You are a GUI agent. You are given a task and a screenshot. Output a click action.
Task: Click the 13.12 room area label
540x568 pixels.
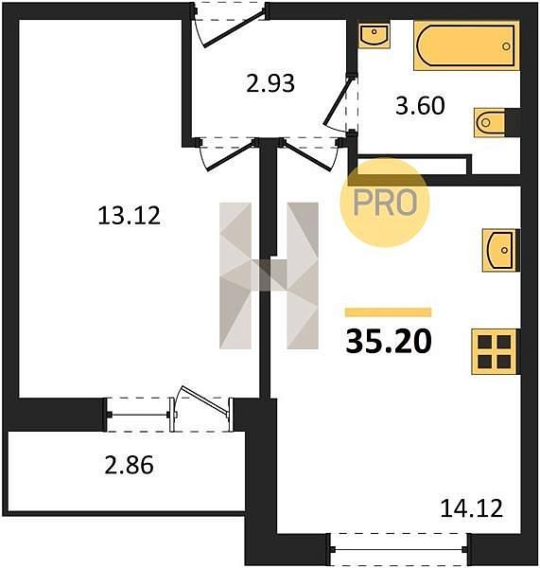pyautogui.click(x=130, y=216)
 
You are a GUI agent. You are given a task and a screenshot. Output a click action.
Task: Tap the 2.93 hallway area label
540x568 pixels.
pyautogui.click(x=270, y=83)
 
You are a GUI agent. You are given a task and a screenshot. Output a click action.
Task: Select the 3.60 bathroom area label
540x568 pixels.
pyautogui.click(x=420, y=106)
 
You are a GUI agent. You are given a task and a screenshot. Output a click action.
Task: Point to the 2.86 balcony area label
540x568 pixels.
pyautogui.click(x=130, y=465)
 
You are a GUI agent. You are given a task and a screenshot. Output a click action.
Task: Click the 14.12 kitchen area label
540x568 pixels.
pyautogui.click(x=472, y=507)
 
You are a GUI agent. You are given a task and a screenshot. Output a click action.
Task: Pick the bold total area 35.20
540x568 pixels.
pyautogui.click(x=389, y=341)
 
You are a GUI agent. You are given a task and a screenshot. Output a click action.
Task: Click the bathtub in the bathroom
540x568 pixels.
pyautogui.click(x=467, y=45)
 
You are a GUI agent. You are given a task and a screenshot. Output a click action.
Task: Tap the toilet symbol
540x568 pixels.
pyautogui.click(x=491, y=122)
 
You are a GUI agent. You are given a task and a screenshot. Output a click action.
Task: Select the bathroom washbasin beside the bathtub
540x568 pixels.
pyautogui.click(x=375, y=35)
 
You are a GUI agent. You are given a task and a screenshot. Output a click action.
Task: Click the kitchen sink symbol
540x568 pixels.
pyautogui.click(x=501, y=250)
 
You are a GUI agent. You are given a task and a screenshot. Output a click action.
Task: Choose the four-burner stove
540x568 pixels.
pyautogui.click(x=495, y=351)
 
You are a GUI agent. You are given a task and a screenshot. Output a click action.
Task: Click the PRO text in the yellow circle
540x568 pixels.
pyautogui.click(x=385, y=203)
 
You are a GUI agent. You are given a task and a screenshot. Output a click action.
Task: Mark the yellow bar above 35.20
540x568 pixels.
pyautogui.click(x=388, y=312)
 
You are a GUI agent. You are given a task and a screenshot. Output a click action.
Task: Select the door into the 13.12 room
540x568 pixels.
pyautogui.click(x=227, y=154)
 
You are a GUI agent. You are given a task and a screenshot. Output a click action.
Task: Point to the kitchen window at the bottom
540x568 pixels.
pyautogui.click(x=399, y=549)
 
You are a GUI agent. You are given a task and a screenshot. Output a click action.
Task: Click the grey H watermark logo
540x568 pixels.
pyautogui.click(x=269, y=275)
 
